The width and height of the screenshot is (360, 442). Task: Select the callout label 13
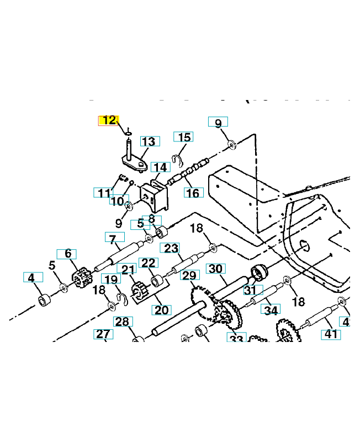[149, 142]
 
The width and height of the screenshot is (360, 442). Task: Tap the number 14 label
[160, 167]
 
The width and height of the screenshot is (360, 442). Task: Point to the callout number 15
[183, 137]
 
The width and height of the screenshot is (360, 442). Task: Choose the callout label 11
[102, 193]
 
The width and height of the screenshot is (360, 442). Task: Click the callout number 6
[67, 254]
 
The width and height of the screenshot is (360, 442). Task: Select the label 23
[170, 248]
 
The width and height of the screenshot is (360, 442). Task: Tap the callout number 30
[215, 269]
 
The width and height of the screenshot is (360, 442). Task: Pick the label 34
[270, 309]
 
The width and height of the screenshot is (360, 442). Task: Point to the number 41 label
[330, 334]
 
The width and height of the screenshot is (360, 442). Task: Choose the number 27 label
[103, 334]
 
